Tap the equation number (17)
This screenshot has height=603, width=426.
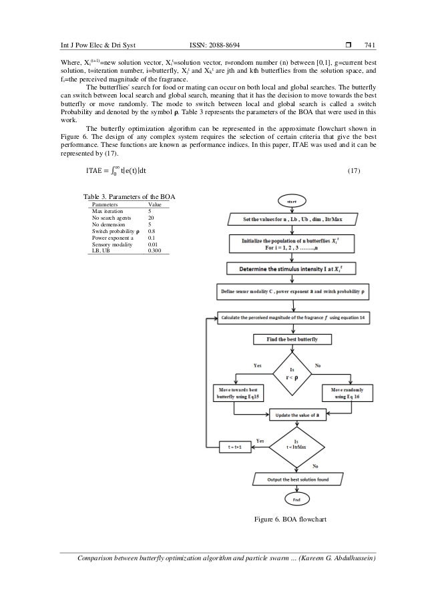(x=355, y=171)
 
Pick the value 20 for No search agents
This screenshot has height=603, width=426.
(x=151, y=218)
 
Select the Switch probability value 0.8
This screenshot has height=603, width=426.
(x=151, y=231)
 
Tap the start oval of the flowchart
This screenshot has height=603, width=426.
(x=292, y=200)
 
